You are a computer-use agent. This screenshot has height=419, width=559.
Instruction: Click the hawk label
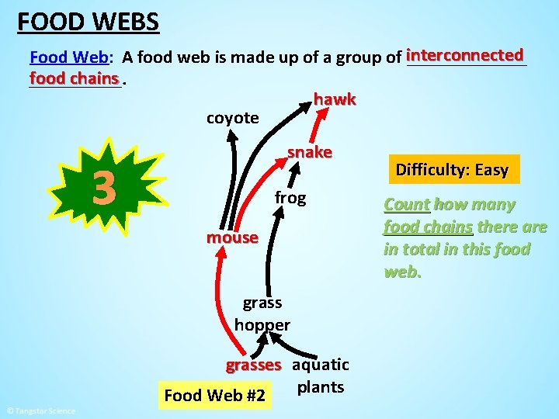coord(335,99)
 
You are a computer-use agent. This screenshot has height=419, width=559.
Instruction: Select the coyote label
coord(232,118)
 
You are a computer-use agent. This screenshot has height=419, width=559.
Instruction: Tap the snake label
coord(310,152)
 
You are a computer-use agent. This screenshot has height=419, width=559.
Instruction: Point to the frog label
coord(290,198)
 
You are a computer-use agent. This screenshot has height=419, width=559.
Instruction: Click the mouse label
coord(232,237)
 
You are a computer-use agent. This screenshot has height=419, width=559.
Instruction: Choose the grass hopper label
coord(262,313)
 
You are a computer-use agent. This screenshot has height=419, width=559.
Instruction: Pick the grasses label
coord(253,365)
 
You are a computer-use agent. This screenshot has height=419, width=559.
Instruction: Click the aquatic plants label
coord(321,376)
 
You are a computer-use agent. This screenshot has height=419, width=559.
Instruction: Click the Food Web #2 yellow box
coord(215,396)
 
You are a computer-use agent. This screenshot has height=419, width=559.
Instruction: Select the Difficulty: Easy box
coord(452,170)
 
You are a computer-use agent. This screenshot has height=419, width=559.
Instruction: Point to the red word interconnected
coord(465,55)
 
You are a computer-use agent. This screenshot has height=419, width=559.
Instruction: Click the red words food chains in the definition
coord(75,78)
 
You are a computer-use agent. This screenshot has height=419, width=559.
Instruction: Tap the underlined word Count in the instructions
coord(407,205)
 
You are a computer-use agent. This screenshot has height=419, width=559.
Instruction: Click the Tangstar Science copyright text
coord(40,410)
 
